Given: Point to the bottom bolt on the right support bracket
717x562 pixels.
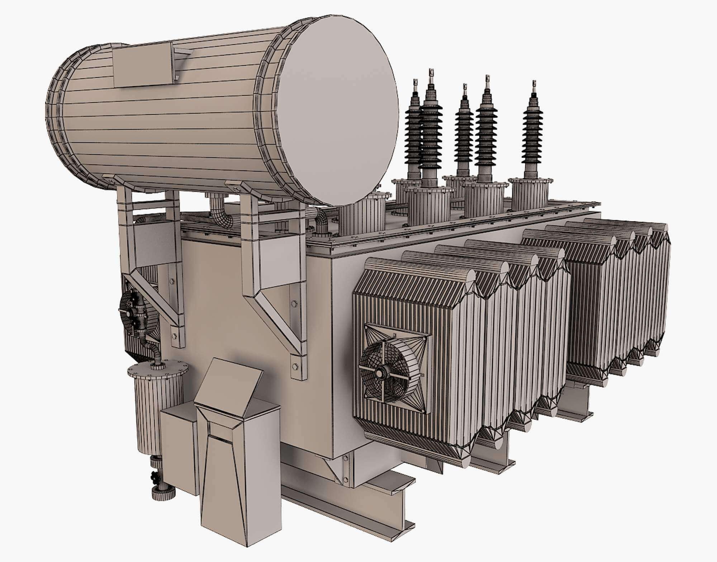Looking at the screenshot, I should pos(295,366).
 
